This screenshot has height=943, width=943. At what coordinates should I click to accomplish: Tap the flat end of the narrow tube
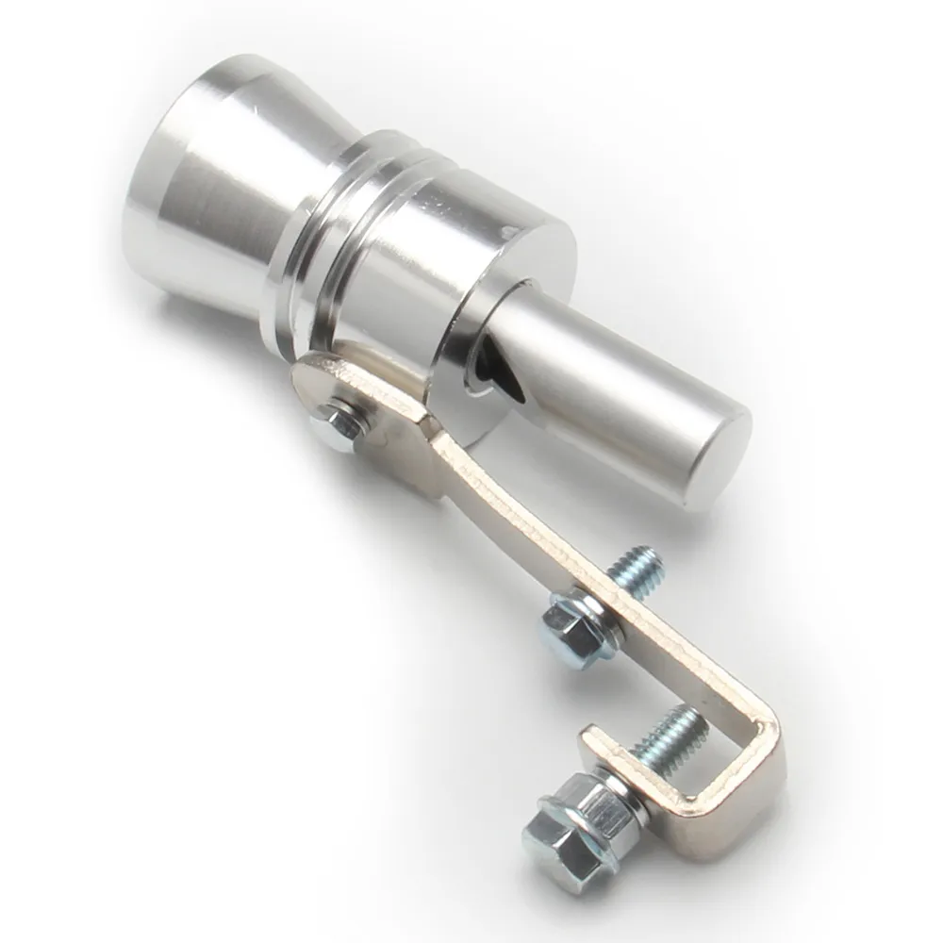pos(721,462)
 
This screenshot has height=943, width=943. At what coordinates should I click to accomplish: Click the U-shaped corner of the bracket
pos(754,754)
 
